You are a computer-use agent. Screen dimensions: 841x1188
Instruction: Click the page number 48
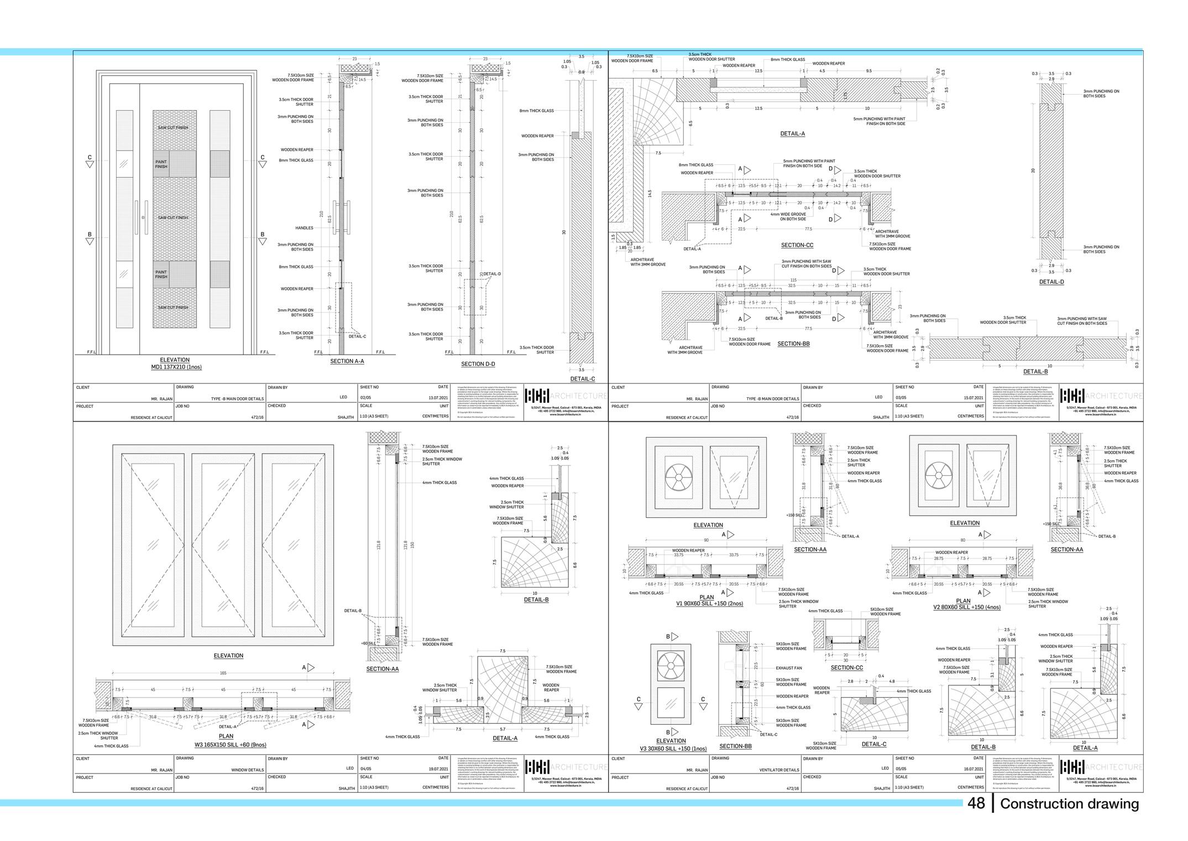pyautogui.click(x=976, y=803)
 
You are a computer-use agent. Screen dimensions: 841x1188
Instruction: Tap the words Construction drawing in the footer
pyautogui.click(x=1069, y=804)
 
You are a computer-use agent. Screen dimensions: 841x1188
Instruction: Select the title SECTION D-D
pyautogui.click(x=478, y=364)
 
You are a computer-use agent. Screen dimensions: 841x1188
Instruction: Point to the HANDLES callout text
pyautogui.click(x=304, y=228)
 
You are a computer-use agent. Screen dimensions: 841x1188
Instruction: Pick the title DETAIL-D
pyautogui.click(x=1051, y=282)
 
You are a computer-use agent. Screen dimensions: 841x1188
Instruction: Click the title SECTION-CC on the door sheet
pyautogui.click(x=797, y=245)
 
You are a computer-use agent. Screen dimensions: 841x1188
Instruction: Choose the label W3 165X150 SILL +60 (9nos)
pyautogui.click(x=226, y=744)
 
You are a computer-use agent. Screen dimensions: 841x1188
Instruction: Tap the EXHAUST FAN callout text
pyautogui.click(x=789, y=668)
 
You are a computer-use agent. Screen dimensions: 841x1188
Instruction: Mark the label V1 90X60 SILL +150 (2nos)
pyautogui.click(x=709, y=604)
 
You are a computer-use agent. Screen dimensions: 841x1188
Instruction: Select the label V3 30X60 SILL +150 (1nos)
pyautogui.click(x=673, y=749)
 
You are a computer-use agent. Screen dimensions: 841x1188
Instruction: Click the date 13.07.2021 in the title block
pyautogui.click(x=438, y=397)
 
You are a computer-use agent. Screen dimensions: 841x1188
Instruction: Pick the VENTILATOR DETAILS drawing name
pyautogui.click(x=779, y=770)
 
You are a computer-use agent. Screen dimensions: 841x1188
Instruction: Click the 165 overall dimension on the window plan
pyautogui.click(x=223, y=673)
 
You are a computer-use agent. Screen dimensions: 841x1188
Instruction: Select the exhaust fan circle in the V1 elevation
pyautogui.click(x=678, y=476)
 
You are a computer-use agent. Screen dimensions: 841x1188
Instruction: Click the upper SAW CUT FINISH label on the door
pyautogui.click(x=173, y=128)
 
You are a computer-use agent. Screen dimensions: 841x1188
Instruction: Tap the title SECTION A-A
pyautogui.click(x=347, y=361)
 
